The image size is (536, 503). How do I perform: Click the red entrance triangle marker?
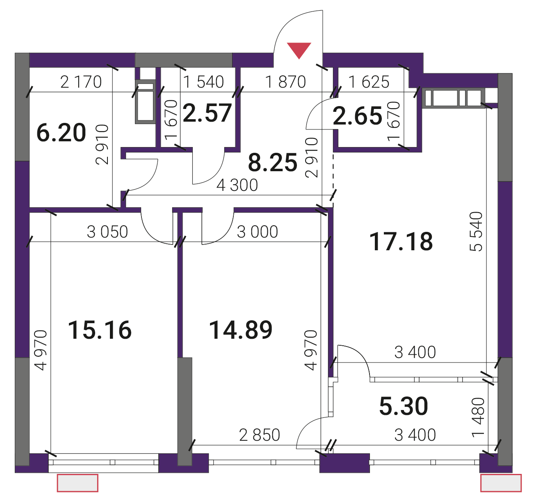click(299, 50)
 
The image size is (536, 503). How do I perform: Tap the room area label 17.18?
click(401, 242)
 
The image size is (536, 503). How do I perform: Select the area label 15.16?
click(100, 330)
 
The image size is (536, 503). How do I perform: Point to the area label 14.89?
click(240, 330)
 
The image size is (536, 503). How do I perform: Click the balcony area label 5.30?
click(404, 406)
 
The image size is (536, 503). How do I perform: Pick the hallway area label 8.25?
click(273, 162)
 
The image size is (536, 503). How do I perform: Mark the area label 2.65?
click(358, 116)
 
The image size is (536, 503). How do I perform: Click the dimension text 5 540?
click(476, 231)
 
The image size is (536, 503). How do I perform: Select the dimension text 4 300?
click(237, 185)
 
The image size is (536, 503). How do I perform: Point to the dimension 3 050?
click(107, 232)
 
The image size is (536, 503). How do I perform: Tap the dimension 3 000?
click(257, 232)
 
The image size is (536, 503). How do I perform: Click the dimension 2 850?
click(260, 435)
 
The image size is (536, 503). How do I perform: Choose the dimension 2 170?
click(81, 82)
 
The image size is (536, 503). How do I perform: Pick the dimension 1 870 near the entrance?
click(285, 82)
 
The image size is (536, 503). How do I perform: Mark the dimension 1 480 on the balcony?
click(478, 417)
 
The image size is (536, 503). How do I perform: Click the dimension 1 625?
click(369, 82)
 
